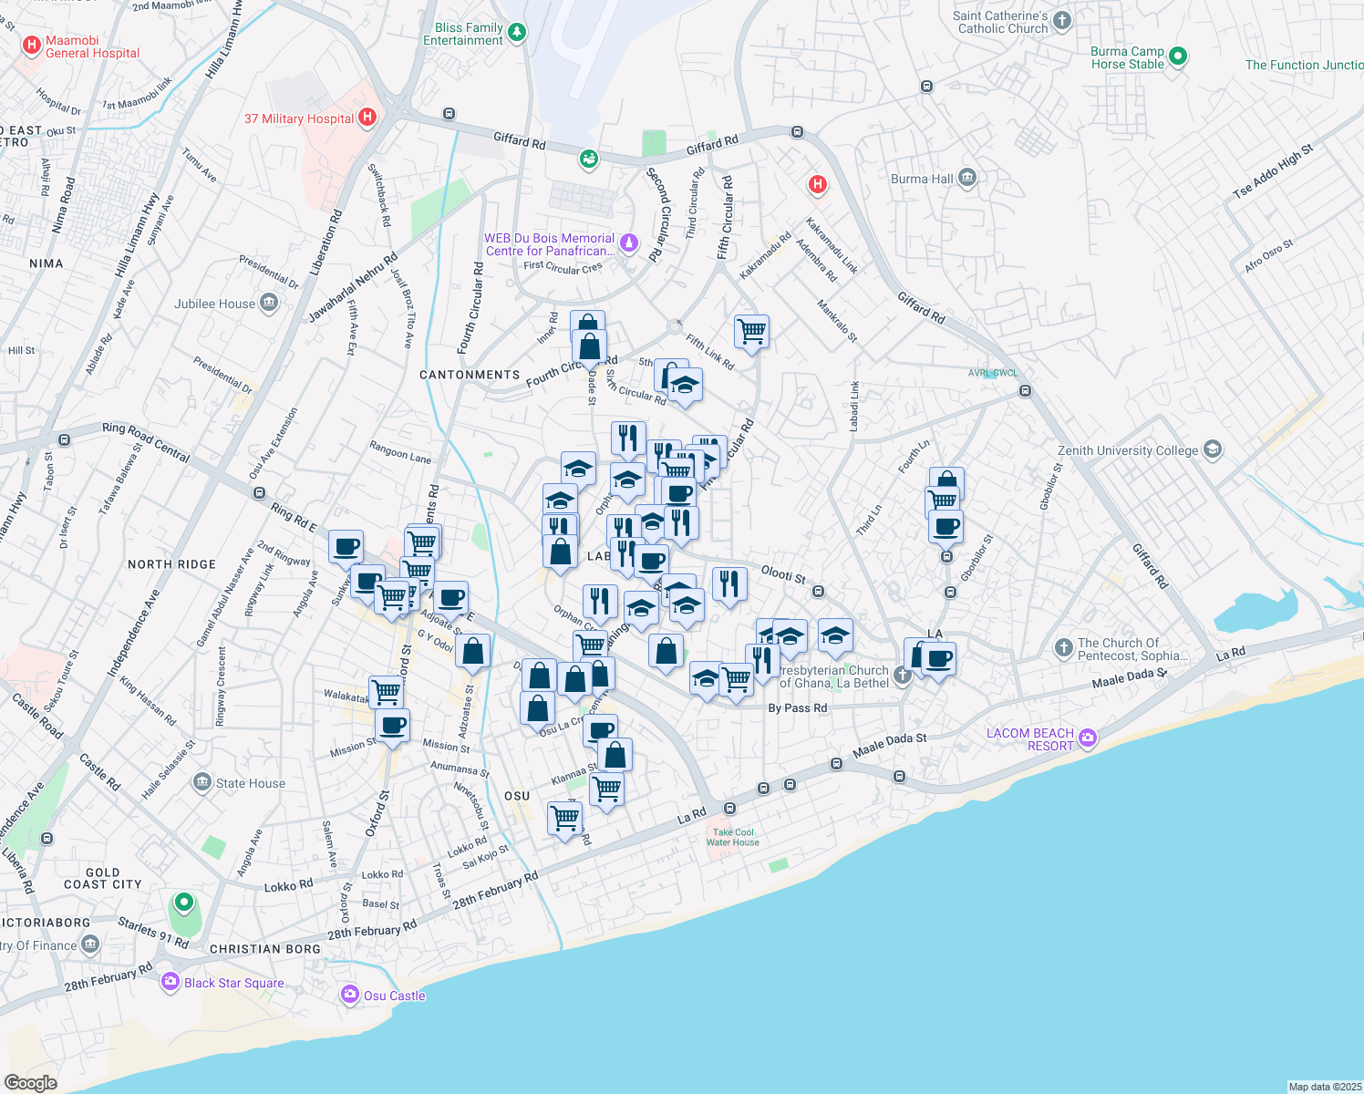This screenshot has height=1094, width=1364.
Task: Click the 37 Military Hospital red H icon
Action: click(367, 117)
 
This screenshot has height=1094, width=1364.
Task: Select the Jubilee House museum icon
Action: click(268, 303)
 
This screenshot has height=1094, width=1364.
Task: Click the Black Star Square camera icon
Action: click(170, 982)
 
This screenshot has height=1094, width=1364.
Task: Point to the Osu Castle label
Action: click(394, 996)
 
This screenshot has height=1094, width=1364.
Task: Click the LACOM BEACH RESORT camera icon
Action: click(1087, 738)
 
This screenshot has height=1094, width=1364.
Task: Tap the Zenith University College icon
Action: click(1212, 449)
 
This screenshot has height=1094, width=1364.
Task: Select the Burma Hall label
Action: click(921, 179)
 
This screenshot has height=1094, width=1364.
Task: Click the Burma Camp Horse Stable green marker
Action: click(1177, 57)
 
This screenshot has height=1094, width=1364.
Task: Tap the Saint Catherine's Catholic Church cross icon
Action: click(1061, 21)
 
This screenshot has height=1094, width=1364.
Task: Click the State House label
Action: click(250, 783)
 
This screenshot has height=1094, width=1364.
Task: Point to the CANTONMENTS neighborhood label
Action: click(470, 375)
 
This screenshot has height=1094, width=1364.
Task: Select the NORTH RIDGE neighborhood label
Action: click(171, 564)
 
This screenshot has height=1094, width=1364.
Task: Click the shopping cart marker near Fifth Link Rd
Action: click(751, 332)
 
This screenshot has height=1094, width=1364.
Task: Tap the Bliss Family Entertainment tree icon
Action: click(517, 33)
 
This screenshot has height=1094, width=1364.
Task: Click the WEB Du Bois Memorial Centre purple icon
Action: click(628, 243)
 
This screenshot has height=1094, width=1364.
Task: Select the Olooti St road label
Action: click(783, 575)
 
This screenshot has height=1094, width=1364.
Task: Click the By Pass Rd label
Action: click(797, 707)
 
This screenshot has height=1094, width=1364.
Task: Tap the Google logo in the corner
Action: click(30, 1083)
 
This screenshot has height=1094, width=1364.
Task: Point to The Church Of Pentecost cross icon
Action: click(1063, 648)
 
